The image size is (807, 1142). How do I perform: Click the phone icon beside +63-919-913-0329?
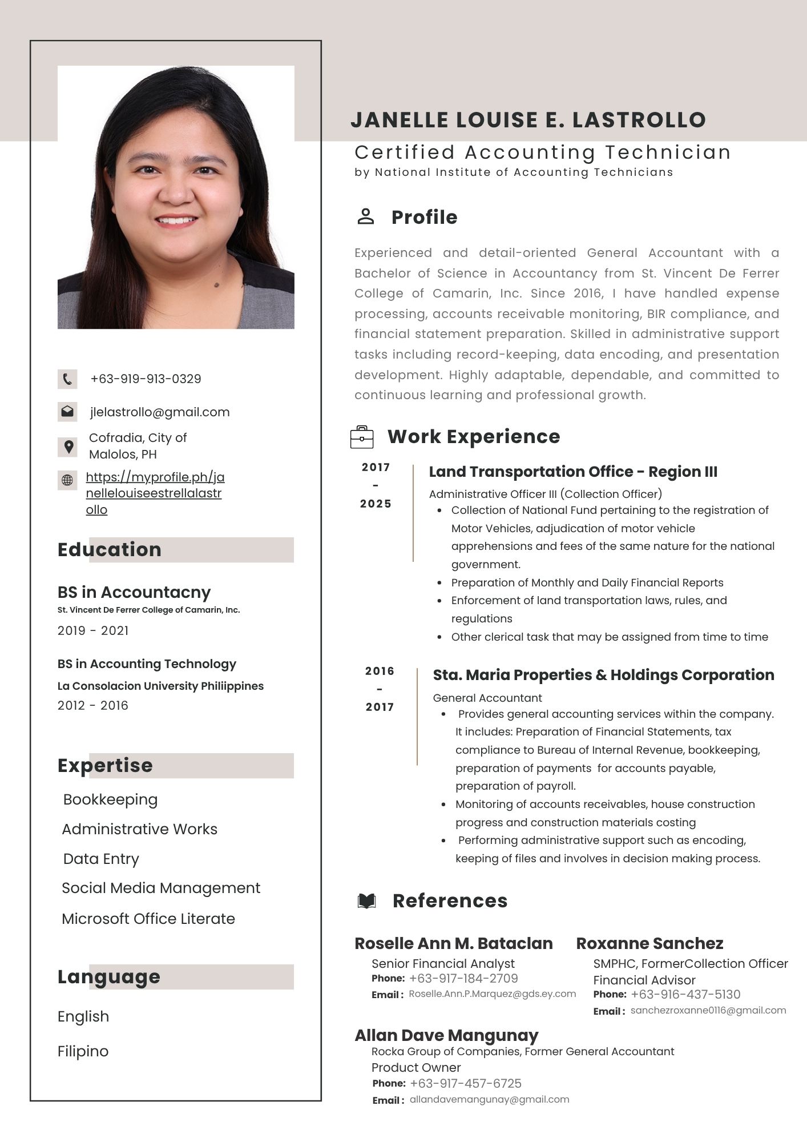pos(67,379)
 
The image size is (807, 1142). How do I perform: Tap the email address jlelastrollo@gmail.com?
pos(160,412)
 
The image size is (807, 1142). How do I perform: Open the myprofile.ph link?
pos(154,493)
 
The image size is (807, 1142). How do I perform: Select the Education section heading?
pos(110,550)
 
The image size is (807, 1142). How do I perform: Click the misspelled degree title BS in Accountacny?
pos(134,592)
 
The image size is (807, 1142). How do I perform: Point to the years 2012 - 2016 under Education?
pos(93,706)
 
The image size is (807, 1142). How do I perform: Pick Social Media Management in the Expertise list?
pos(161,888)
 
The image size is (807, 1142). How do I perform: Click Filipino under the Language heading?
pos(83,1051)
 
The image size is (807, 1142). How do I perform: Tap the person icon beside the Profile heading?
pos(365,217)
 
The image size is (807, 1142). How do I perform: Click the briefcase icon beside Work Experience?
pos(362,437)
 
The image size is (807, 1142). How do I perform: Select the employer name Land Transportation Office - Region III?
pos(573,472)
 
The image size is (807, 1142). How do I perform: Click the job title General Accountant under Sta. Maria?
pos(487,698)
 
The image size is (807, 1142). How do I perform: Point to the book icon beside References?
pos(366,902)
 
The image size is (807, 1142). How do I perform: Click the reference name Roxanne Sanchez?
pos(649,944)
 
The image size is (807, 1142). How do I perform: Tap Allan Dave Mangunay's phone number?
pos(466,1084)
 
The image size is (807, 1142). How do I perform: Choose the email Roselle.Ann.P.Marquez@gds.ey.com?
pos(493,994)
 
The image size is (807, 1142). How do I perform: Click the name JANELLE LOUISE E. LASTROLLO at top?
pos(528,120)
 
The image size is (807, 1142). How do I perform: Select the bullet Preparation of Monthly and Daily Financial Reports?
pos(587,583)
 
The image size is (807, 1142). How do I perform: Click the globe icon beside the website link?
pos(67,480)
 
